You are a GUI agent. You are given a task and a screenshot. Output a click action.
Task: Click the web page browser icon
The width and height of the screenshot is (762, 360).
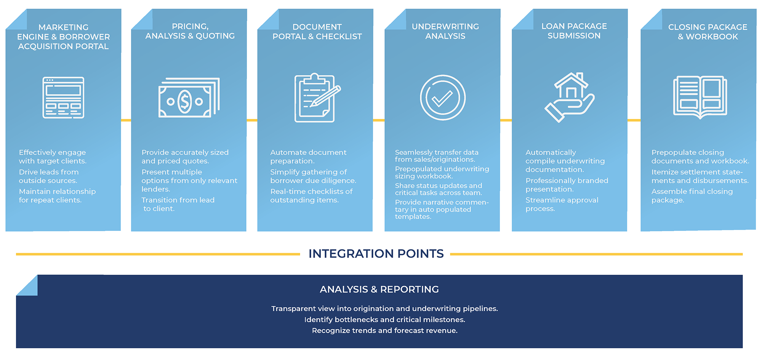pos(63,98)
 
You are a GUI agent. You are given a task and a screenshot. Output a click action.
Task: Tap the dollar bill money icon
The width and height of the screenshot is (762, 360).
pos(189,98)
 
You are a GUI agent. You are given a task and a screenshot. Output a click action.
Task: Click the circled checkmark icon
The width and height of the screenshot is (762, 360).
pos(443,98)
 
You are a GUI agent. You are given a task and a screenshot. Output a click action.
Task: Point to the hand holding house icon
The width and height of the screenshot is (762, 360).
pos(570,98)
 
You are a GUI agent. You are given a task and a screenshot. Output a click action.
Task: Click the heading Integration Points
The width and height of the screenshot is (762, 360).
pos(376,254)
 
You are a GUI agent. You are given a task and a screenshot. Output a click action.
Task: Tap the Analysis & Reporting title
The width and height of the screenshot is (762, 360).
pos(379,290)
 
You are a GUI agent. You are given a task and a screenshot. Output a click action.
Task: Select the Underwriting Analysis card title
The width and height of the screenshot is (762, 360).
pos(445,31)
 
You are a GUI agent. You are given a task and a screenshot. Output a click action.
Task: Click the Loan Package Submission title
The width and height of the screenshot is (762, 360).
pos(574,31)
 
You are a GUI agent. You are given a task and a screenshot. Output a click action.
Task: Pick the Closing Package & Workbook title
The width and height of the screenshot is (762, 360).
pos(708,32)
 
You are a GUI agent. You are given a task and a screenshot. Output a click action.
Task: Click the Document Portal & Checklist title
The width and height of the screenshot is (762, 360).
pos(317,32)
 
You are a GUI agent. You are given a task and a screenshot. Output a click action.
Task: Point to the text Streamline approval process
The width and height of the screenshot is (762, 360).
pos(562,204)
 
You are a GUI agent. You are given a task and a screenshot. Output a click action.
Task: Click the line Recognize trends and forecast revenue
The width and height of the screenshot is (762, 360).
pos(385,331)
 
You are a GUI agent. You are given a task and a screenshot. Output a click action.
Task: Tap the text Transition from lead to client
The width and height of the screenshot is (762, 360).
pos(178,204)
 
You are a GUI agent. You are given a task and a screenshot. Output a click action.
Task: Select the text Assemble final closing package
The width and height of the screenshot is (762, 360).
pos(692,196)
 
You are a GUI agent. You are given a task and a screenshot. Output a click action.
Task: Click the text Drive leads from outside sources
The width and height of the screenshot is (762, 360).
pos(49,176)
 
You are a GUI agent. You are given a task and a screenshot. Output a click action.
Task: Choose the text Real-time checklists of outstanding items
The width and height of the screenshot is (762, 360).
pos(312,196)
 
